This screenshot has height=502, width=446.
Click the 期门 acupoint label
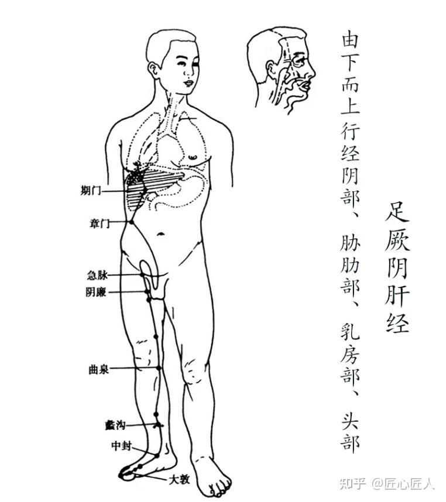pos(91,191)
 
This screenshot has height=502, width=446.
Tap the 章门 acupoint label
pos(100,223)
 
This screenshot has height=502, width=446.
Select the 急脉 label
pos(97,275)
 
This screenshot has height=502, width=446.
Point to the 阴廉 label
pos(96,292)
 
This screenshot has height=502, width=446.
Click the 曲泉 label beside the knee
pos(98,369)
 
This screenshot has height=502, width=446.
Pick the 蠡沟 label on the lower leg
pos(115,425)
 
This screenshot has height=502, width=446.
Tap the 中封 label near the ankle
pos(121,445)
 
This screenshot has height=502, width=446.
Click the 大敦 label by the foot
pos(180,479)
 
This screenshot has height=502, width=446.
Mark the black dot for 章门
pos(131,222)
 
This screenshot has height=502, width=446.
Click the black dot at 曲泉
pos(159,368)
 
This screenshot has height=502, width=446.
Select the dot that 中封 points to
pos(157,455)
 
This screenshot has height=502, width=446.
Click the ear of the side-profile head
pos(272,70)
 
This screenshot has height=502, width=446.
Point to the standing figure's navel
pos(161,234)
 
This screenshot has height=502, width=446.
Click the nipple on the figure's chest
pos(193,157)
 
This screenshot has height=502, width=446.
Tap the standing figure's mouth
pos(188,83)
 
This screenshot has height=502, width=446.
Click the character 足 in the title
pos(397,212)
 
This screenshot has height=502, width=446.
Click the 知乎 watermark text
pos(352,483)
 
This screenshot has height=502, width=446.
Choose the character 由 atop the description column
pos(350,39)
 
